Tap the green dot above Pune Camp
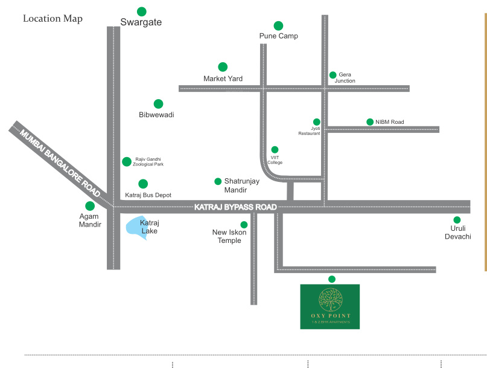tap(278, 25)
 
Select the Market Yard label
tap(223, 79)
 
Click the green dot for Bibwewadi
tap(158, 104)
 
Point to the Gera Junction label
tap(345, 77)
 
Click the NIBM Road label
tap(389, 122)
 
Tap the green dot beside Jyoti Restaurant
tap(316, 121)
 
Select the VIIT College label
tap(275, 160)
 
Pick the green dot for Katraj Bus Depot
tap(143, 184)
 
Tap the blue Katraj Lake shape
tap(135, 227)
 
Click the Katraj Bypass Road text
tap(235, 207)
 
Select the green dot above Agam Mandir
tap(90, 206)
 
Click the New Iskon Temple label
tap(226, 236)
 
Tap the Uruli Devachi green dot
tap(457, 220)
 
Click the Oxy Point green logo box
tap(329, 306)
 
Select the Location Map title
tap(53, 19)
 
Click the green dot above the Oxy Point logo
tap(331, 279)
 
